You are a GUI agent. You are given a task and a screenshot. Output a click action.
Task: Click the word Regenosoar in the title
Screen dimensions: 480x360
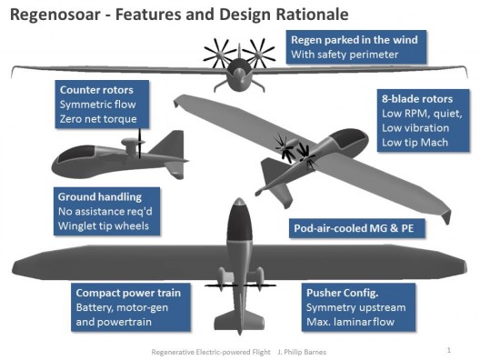pyautogui.click(x=55, y=15)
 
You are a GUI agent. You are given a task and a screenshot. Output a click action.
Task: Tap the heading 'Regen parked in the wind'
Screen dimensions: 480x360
pyautogui.click(x=355, y=40)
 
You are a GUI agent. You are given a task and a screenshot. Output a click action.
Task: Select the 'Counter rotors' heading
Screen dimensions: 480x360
pyautogui.click(x=96, y=90)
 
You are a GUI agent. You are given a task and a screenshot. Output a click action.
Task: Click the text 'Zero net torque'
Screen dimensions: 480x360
pyautogui.click(x=98, y=119)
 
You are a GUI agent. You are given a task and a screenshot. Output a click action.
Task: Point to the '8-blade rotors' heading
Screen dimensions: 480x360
pyautogui.click(x=417, y=99)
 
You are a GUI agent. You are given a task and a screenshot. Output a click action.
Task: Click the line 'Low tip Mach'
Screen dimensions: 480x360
pyautogui.click(x=415, y=143)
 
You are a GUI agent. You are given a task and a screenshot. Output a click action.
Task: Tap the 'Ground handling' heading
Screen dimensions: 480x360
pyautogui.click(x=100, y=197)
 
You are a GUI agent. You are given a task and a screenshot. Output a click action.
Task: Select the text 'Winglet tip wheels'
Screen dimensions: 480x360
pyautogui.click(x=104, y=226)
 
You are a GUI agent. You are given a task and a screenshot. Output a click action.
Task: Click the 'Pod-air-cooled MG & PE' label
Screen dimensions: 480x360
pyautogui.click(x=354, y=228)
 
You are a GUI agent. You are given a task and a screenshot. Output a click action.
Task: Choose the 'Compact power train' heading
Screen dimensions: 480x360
pyautogui.click(x=128, y=293)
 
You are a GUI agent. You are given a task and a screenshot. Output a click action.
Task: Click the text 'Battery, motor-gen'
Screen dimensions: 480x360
pyautogui.click(x=122, y=307)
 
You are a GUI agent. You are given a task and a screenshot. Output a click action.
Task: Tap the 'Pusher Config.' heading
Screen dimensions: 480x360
pyautogui.click(x=342, y=293)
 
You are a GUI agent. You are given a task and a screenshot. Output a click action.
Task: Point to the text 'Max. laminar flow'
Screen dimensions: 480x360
pyautogui.click(x=350, y=322)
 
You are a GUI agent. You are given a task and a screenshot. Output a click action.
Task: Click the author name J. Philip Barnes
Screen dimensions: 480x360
pyautogui.click(x=302, y=352)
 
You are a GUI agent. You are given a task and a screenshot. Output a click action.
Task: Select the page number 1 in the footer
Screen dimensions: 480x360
pyautogui.click(x=449, y=350)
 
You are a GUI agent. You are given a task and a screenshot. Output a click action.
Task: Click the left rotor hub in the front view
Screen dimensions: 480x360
pyautogui.click(x=220, y=54)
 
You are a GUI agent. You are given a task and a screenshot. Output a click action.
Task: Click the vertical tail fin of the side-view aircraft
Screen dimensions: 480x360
pyautogui.click(x=170, y=143)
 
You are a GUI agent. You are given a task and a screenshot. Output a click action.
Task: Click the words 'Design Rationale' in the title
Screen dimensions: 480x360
pyautogui.click(x=284, y=15)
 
